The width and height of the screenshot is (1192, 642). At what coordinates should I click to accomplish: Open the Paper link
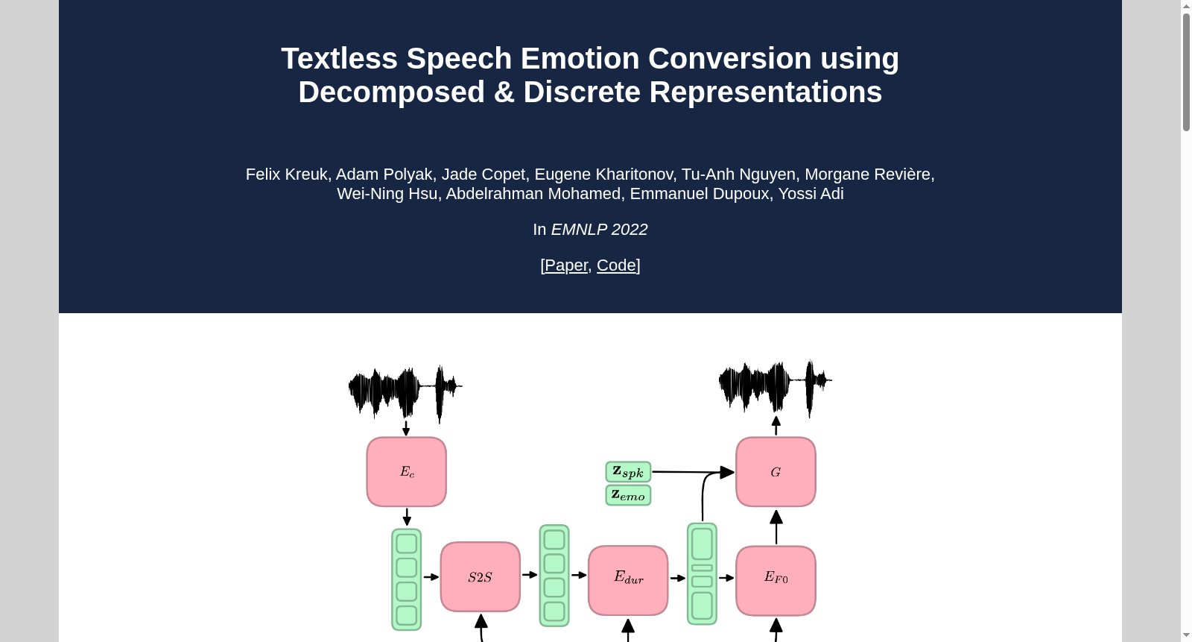[566, 265]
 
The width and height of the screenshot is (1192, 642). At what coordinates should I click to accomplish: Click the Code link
[616, 265]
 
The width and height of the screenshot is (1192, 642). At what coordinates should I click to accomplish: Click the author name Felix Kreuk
[286, 174]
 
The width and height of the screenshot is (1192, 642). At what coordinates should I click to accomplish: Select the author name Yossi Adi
[811, 193]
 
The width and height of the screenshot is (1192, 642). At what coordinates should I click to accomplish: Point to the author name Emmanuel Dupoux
[700, 193]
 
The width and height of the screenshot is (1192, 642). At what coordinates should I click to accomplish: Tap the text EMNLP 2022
[599, 229]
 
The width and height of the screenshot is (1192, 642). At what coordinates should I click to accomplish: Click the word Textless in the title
[340, 58]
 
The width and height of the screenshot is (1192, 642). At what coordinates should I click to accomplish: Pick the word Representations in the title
[765, 92]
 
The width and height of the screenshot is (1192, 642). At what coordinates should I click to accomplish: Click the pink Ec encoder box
[407, 472]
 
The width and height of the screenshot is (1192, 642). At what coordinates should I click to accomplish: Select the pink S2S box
[480, 577]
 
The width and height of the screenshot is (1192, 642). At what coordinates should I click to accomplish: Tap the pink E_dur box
[628, 580]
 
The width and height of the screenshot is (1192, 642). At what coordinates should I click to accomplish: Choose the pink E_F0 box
[776, 581]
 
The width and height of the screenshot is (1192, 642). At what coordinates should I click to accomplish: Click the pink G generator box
[776, 472]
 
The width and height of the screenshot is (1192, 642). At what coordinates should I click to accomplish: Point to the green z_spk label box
[629, 472]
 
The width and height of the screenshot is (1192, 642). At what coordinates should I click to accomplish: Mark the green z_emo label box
[629, 496]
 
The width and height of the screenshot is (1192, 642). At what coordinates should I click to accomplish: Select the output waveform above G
[775, 387]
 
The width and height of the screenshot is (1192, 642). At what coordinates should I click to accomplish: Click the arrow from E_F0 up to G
[776, 527]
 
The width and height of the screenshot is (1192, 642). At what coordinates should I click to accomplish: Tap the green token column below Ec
[407, 579]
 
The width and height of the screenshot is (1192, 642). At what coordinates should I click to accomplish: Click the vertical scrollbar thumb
[1186, 72]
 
